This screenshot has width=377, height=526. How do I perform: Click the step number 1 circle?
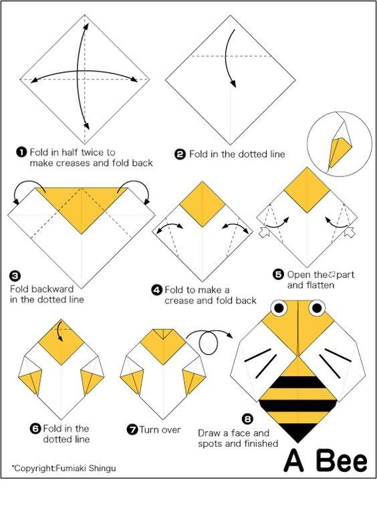pyautogui.click(x=21, y=152)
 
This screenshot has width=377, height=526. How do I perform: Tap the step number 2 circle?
pyautogui.click(x=180, y=154)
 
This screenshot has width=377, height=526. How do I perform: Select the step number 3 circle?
pyautogui.click(x=15, y=276)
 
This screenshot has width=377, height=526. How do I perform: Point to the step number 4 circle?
pyautogui.click(x=157, y=290)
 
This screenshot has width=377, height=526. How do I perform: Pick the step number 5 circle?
pyautogui.click(x=279, y=275)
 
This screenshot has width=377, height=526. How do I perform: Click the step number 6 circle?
pyautogui.click(x=35, y=428)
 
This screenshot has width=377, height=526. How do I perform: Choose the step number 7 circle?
pyautogui.click(x=132, y=430)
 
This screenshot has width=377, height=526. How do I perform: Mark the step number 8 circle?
pyautogui.click(x=247, y=418)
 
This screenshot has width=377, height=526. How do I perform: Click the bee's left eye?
pyautogui.click(x=279, y=307)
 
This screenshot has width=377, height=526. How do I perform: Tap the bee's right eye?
pyautogui.click(x=317, y=307)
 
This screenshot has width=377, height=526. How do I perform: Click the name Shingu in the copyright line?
pyautogui.click(x=102, y=468)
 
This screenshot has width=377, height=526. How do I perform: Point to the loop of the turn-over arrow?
pyautogui.click(x=209, y=344)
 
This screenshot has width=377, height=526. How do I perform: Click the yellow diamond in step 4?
pyautogui.click(x=203, y=204)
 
